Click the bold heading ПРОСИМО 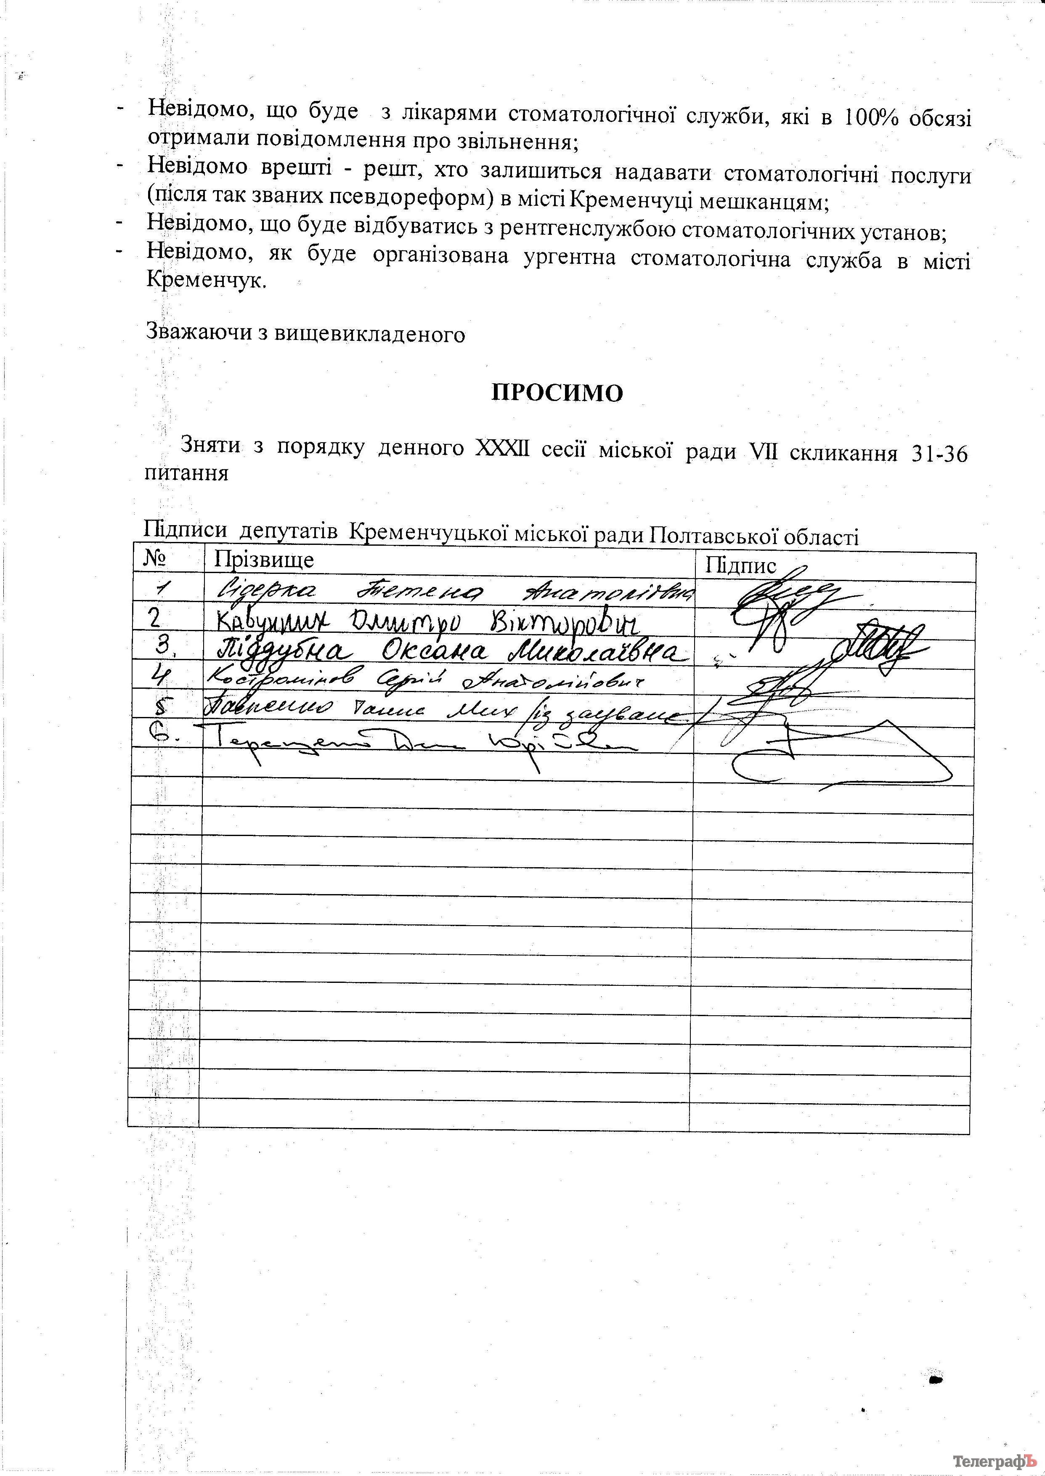click(x=557, y=393)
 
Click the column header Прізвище click(x=264, y=559)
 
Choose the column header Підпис click(x=741, y=565)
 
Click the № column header click(x=154, y=558)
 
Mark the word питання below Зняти click(x=187, y=473)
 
